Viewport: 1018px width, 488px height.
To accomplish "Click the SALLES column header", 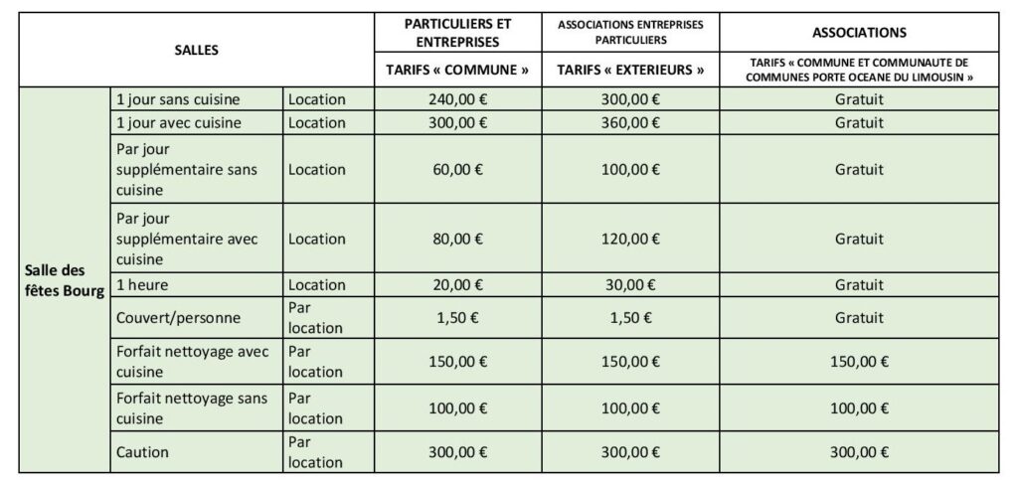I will point(190,49).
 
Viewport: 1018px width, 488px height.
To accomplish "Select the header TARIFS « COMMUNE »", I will point(457,70).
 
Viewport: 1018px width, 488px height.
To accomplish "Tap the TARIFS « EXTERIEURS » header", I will point(631,70).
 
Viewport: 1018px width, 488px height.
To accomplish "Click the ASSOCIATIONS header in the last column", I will point(859,32).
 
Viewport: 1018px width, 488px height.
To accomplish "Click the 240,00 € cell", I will point(457,100).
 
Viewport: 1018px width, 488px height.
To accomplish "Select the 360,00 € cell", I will point(631,123).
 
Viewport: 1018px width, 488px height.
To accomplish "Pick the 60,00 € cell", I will point(457,169).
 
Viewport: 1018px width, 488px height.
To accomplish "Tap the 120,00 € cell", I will point(631,239).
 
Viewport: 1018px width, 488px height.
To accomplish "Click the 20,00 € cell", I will point(457,283).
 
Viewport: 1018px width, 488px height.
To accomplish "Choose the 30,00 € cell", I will point(631,283).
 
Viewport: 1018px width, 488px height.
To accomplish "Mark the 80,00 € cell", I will point(457,239).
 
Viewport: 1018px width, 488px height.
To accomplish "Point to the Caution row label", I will point(142,452).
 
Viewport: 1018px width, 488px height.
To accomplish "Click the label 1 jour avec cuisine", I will point(179,123).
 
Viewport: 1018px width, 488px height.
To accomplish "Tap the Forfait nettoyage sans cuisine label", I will point(193,407).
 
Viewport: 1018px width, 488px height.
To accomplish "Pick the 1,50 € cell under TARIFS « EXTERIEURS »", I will point(631,318).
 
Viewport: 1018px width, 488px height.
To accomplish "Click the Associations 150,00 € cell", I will point(859,363).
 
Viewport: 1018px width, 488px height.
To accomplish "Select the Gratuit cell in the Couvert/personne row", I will point(859,318).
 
